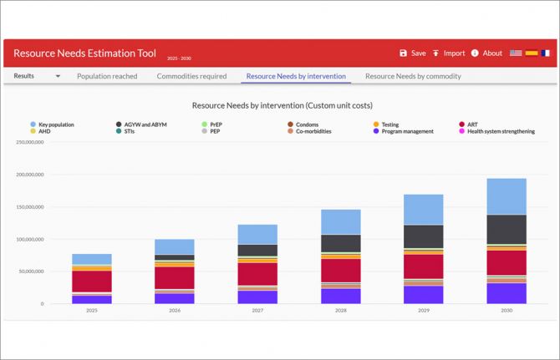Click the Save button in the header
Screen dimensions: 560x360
click(x=413, y=53)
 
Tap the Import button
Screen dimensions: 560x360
click(x=449, y=53)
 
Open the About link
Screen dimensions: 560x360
click(x=486, y=53)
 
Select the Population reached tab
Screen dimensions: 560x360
click(x=107, y=76)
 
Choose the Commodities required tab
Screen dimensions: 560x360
click(x=191, y=76)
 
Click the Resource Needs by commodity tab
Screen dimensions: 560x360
click(x=413, y=76)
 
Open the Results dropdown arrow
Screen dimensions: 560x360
click(x=58, y=76)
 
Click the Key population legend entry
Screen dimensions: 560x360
click(x=52, y=124)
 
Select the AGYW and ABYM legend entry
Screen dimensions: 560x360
click(x=141, y=124)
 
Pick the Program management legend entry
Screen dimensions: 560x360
click(x=403, y=131)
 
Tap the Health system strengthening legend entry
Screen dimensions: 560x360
click(x=496, y=131)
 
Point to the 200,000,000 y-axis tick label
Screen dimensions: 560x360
click(x=30, y=175)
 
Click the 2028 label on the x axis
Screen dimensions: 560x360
click(x=341, y=311)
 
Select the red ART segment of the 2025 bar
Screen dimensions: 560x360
click(x=92, y=281)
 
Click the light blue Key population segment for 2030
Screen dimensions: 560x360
click(x=507, y=196)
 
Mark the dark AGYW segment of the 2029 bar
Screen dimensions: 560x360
click(x=424, y=236)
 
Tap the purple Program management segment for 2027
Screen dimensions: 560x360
click(x=257, y=297)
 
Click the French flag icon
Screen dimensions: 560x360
click(x=545, y=53)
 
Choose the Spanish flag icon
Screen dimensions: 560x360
click(x=532, y=53)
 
